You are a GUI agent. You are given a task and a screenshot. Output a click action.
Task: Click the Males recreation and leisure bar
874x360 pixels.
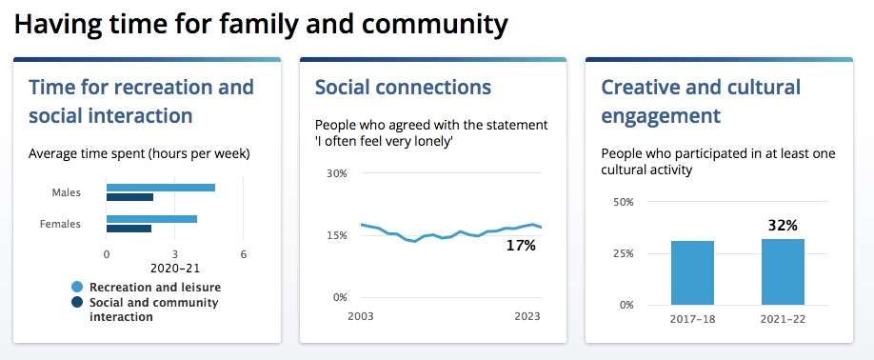[161, 188]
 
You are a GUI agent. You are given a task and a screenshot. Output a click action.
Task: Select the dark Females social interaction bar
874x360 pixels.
[129, 229]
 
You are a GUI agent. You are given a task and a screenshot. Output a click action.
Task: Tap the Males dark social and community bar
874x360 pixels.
[129, 197]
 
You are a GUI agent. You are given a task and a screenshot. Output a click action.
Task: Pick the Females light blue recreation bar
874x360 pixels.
[151, 219]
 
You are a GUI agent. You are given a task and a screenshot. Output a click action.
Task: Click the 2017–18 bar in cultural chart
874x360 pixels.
[692, 273]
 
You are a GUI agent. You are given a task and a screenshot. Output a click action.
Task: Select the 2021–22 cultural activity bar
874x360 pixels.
[784, 272]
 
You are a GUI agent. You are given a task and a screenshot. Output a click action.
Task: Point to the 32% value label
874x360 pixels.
[784, 226]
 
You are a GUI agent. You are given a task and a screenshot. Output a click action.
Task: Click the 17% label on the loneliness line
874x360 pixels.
[521, 245]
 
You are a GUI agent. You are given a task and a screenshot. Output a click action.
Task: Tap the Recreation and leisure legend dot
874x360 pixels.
[77, 288]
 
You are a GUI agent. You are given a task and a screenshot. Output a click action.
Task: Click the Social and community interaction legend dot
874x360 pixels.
[77, 303]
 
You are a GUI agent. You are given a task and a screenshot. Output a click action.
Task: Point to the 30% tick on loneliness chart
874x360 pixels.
[337, 173]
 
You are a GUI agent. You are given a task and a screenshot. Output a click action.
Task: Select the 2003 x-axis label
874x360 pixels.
[361, 316]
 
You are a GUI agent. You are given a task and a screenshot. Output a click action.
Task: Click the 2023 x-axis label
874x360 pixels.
[527, 316]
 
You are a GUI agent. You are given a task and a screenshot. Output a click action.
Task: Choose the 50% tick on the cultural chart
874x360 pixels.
[624, 202]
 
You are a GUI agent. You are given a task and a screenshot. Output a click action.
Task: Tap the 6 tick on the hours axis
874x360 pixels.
[244, 254]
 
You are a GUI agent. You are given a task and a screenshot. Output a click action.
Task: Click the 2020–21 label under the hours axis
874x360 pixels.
[175, 268]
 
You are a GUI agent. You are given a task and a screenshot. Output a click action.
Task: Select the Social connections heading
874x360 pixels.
[403, 87]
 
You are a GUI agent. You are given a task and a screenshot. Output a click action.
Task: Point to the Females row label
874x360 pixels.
[60, 224]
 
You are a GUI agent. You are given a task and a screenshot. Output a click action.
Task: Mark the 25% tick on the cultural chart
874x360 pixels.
[624, 253]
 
